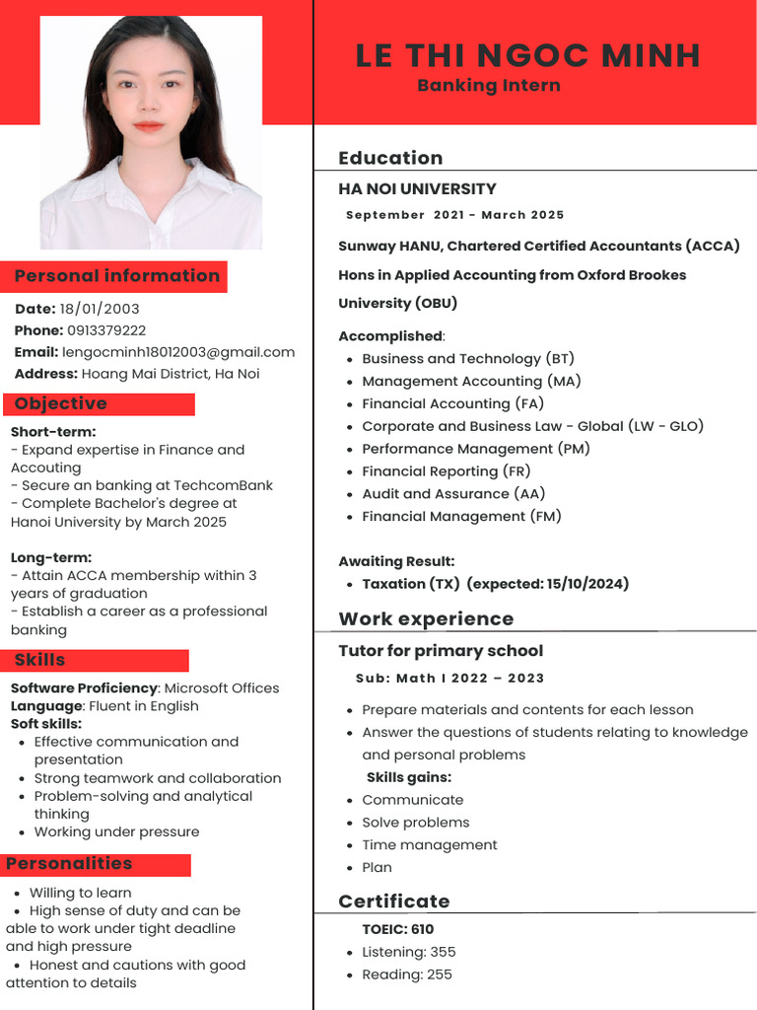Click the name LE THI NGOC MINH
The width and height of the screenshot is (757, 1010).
coord(527,55)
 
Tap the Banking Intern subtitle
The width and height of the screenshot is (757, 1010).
coord(488,86)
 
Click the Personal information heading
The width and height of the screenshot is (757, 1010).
coord(116,276)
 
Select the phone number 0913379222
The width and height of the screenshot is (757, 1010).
coord(106,330)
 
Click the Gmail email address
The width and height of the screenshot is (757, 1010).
coord(178,352)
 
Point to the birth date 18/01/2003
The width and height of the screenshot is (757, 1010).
coord(100,309)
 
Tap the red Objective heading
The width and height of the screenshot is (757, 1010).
coord(61,403)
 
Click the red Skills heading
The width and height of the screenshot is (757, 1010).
coord(40,660)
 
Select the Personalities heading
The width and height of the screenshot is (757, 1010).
coord(69,864)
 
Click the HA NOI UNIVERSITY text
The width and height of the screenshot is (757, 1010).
coord(417,188)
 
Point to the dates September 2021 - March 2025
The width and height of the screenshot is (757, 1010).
coord(454,215)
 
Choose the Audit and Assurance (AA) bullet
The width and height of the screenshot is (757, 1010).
coord(453,494)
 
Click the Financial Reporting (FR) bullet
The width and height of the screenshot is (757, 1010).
coord(447,471)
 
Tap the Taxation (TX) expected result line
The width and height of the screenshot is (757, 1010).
coord(495,584)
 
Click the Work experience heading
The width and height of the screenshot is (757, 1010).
coord(426,619)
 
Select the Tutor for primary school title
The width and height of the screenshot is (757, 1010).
coord(441,651)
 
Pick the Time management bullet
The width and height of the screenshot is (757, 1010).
coord(429,845)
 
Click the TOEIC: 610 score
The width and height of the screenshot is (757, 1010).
coord(397,929)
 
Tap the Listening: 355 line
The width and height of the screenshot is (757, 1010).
coord(408,952)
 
